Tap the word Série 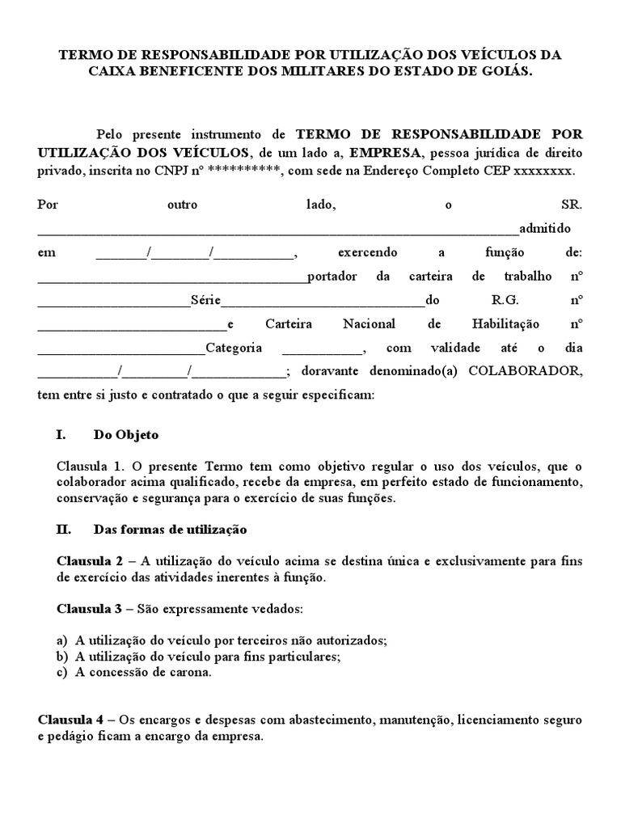click(x=205, y=300)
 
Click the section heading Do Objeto click(x=126, y=434)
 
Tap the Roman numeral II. click(x=63, y=530)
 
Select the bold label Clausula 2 click(x=89, y=561)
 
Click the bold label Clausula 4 click(x=70, y=719)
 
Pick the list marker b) click(x=62, y=656)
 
